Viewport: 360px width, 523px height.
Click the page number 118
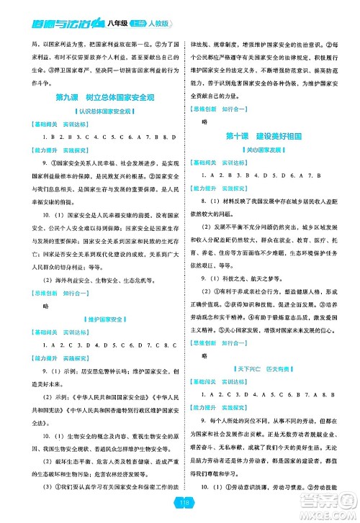pos(181,504)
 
